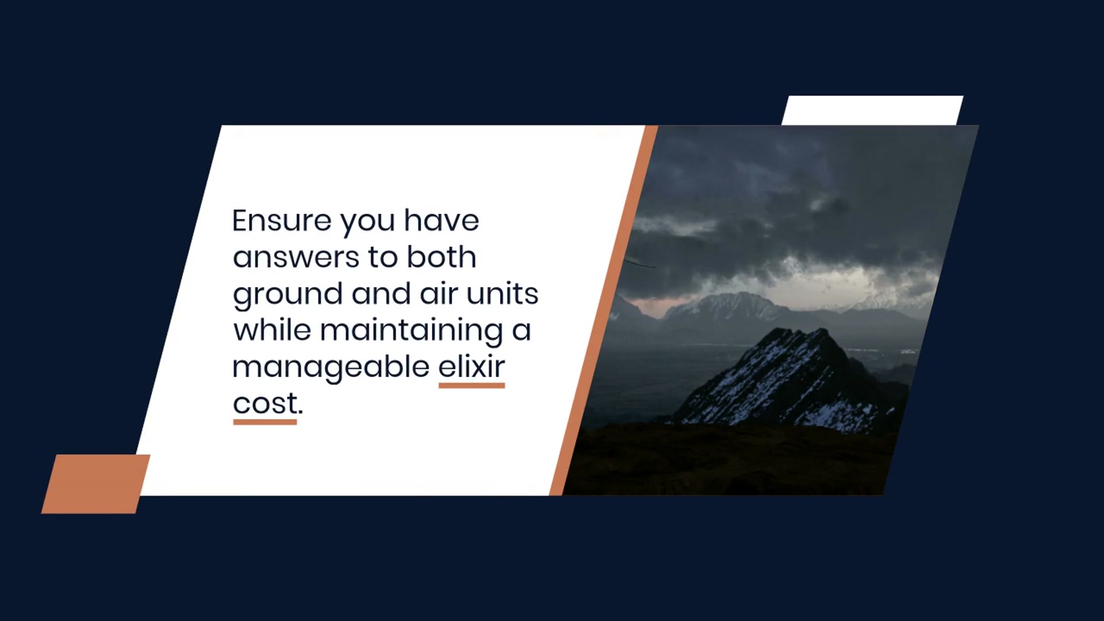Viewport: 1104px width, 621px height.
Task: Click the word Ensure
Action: (282, 220)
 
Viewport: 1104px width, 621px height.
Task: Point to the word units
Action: (502, 293)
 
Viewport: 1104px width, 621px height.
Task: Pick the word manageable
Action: (331, 368)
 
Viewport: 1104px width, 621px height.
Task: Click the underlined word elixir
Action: (471, 366)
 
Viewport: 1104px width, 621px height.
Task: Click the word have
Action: (441, 220)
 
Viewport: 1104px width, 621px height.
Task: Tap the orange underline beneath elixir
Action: (471, 385)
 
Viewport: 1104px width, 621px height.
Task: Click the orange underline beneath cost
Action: (265, 422)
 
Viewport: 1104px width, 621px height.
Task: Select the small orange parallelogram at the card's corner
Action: (95, 484)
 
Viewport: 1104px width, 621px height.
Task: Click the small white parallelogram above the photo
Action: (872, 110)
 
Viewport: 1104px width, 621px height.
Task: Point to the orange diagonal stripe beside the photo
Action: (604, 310)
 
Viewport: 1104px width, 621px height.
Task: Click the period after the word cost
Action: (300, 412)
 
